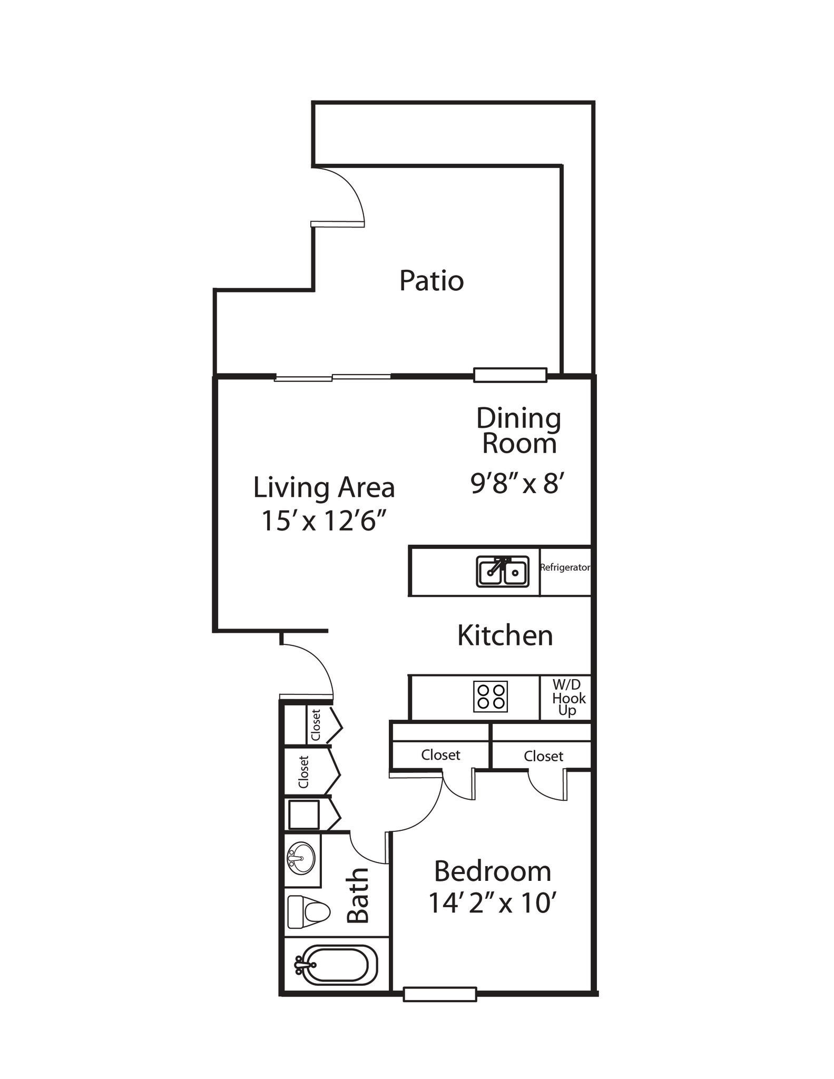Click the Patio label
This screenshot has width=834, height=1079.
431,281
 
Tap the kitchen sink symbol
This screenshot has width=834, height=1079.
502,572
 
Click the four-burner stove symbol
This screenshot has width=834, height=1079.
490,697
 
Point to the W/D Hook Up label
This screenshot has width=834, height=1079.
567,698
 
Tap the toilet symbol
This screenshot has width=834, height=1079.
309,911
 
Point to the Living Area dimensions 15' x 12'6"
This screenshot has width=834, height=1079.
324,521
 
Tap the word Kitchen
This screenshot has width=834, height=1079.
505,635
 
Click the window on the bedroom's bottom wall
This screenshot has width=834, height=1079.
439,994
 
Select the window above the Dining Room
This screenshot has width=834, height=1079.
509,375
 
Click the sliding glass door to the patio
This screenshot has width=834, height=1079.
332,377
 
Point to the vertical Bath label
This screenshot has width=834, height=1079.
358,895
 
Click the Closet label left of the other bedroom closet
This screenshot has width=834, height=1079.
440,755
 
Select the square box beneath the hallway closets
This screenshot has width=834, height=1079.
303,815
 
